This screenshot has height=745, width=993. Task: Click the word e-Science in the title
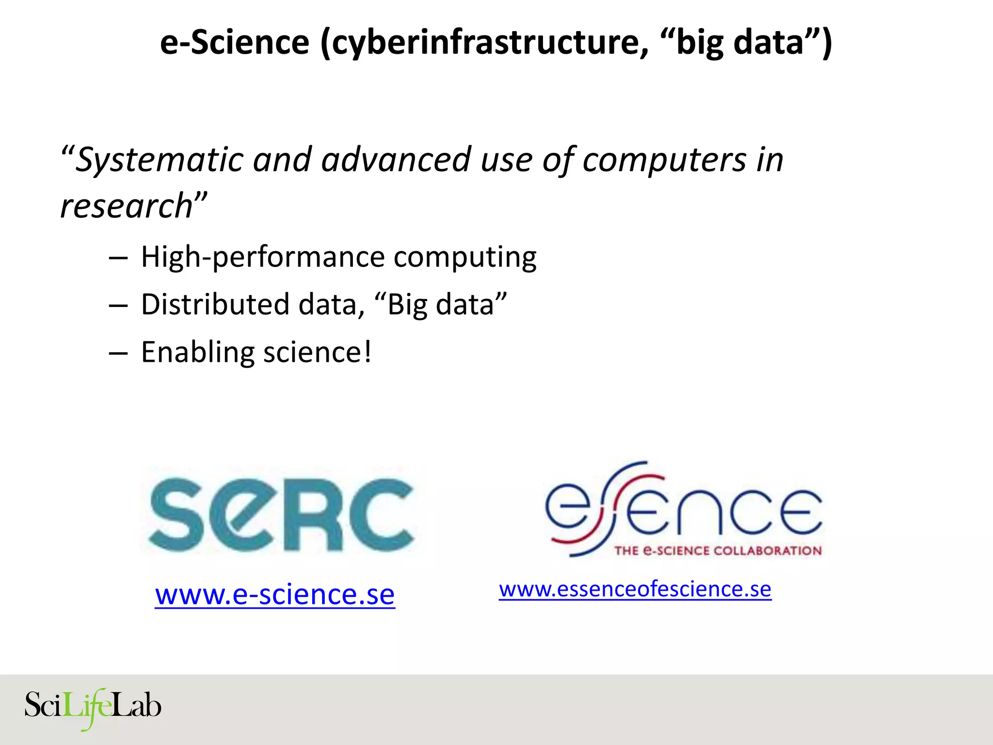tap(235, 42)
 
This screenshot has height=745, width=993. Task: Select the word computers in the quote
tap(664, 160)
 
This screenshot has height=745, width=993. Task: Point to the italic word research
tap(127, 206)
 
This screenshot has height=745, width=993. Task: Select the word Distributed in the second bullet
tap(215, 305)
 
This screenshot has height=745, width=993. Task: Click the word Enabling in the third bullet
tap(197, 353)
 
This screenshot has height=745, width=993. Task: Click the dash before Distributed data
tap(118, 306)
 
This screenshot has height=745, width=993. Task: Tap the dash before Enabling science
tap(118, 353)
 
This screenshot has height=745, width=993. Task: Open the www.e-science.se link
tap(275, 595)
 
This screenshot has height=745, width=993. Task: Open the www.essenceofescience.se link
tap(635, 590)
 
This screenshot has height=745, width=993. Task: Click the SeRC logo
tap(281, 514)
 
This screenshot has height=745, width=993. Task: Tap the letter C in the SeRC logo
tap(383, 514)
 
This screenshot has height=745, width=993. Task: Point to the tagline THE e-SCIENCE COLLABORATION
tap(718, 551)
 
